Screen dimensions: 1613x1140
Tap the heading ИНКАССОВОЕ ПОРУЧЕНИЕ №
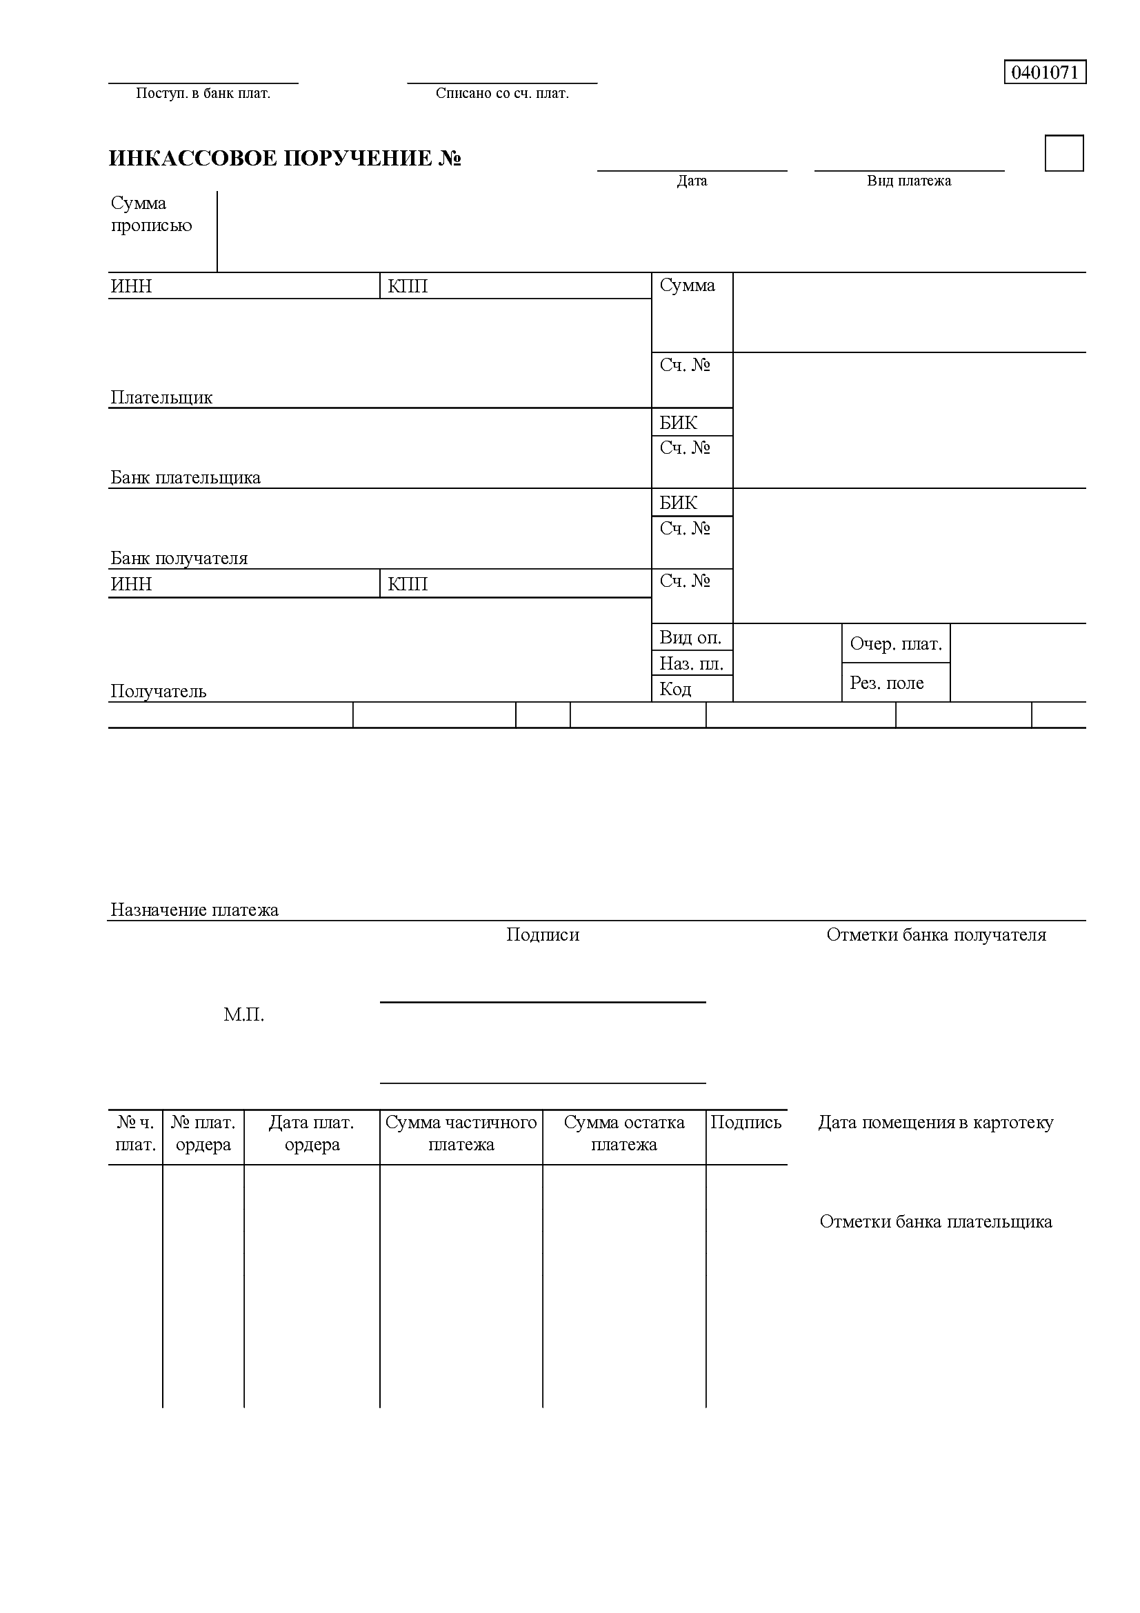coord(284,158)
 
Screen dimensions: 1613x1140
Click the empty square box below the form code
coord(1063,153)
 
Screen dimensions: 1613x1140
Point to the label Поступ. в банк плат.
coord(203,93)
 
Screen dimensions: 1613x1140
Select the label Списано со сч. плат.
coord(501,93)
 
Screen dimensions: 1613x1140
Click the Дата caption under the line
coord(692,181)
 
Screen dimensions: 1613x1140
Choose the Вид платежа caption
coord(909,181)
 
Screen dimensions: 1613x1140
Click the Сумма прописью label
coord(151,214)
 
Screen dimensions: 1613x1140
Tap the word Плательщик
coord(161,398)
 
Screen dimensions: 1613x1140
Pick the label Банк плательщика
coord(186,478)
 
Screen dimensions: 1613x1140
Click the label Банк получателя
coord(179,559)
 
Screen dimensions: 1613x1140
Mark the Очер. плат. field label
coord(896,644)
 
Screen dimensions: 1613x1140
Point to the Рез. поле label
coord(886,683)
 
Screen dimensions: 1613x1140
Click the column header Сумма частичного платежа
coord(461,1133)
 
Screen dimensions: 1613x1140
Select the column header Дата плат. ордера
coord(312,1133)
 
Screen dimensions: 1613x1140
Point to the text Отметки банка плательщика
coord(936,1222)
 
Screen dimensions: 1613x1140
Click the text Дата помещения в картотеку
coord(936,1123)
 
